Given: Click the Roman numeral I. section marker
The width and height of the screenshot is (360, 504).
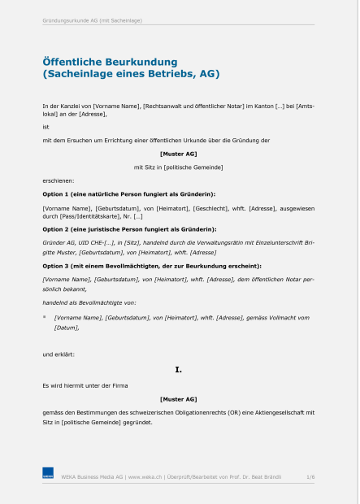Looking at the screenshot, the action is [x=179, y=370].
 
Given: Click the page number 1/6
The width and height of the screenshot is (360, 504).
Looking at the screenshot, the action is [x=310, y=477].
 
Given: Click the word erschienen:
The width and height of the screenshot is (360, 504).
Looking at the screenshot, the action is [x=59, y=180].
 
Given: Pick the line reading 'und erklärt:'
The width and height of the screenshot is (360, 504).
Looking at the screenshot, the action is [x=59, y=354].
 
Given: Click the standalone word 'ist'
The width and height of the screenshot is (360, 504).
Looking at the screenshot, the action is [x=46, y=126].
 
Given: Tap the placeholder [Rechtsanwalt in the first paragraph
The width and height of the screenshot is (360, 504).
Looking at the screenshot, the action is [x=167, y=106].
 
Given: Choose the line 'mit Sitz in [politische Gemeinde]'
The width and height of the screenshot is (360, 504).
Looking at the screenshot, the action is [x=179, y=167].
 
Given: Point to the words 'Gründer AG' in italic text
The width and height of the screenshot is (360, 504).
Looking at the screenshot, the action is [x=59, y=243].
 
